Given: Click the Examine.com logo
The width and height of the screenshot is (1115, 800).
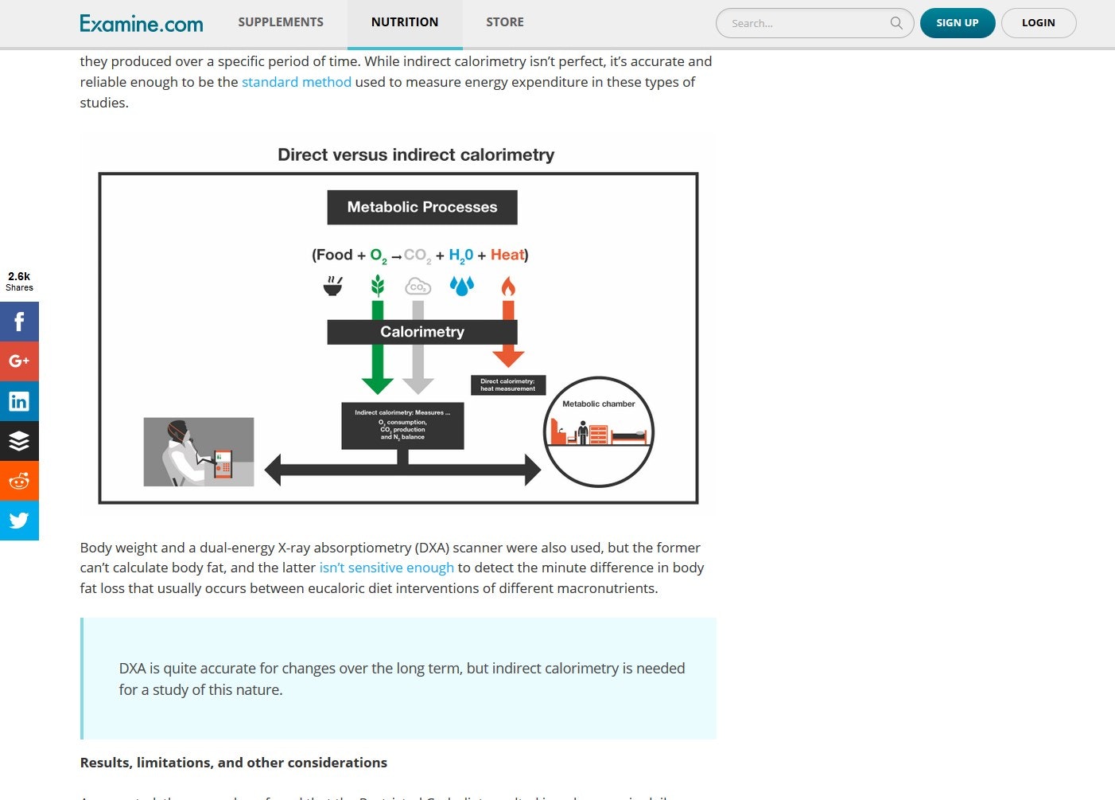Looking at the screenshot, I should [x=142, y=24].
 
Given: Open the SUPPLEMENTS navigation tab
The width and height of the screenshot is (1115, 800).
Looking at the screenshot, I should [x=281, y=22].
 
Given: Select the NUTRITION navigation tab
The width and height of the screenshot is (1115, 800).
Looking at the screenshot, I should [x=405, y=22].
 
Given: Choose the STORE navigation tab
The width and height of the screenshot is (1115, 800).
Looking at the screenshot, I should [x=505, y=22].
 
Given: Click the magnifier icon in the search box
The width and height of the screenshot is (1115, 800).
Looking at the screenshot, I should [x=896, y=23].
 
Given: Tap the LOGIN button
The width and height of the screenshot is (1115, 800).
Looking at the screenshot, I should [x=1038, y=23].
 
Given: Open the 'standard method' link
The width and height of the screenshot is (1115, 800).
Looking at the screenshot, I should [x=297, y=82].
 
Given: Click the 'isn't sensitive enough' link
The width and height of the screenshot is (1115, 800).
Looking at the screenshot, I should [x=387, y=568].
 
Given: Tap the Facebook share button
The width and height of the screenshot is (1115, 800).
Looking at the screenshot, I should [x=19, y=322].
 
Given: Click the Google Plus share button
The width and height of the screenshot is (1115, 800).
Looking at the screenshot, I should [x=19, y=361].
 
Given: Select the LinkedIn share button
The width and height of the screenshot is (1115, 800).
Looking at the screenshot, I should [x=19, y=401].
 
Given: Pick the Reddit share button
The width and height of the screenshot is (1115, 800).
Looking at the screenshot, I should [x=19, y=481].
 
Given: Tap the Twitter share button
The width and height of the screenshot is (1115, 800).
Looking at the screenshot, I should [x=19, y=521].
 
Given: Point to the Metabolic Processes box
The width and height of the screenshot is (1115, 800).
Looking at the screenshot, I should [x=422, y=207].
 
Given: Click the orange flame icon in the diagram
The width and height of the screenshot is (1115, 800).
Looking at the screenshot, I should [x=508, y=286].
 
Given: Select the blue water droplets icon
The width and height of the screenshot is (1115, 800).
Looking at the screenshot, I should [x=462, y=286].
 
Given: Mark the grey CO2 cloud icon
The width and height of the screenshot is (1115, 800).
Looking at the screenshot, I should [x=418, y=287].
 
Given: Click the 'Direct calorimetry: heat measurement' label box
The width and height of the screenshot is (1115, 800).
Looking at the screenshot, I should [x=508, y=385].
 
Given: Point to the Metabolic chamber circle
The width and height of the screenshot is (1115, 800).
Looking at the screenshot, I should [x=599, y=431].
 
